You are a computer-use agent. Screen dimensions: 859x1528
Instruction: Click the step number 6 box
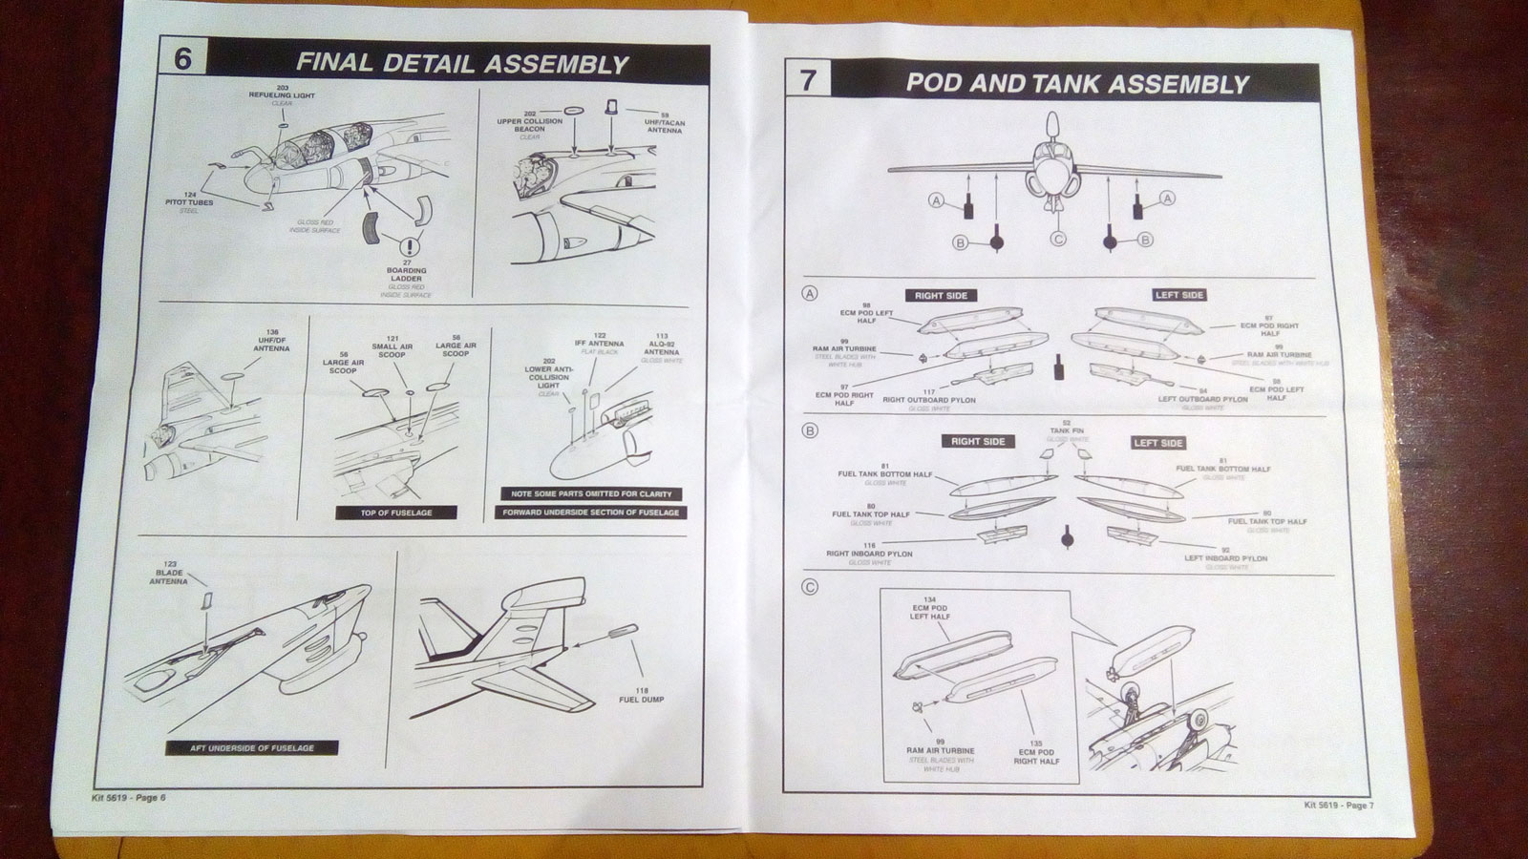point(181,58)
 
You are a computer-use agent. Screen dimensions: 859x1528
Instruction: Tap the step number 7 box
point(808,79)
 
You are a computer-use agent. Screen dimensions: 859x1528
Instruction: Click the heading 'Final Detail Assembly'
point(461,64)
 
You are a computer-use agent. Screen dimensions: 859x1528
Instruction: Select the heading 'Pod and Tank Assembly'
point(1077,83)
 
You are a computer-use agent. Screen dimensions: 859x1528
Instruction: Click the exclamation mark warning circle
point(412,246)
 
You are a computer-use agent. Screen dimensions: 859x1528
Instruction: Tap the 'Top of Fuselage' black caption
point(395,513)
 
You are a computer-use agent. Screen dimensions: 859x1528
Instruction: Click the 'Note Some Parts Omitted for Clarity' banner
point(591,493)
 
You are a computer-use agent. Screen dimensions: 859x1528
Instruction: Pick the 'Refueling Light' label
point(282,95)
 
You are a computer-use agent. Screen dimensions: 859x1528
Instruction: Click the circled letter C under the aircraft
point(1057,239)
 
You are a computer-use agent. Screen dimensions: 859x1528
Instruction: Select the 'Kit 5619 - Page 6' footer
point(118,798)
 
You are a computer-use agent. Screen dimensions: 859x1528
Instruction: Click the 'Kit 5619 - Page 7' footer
point(1338,805)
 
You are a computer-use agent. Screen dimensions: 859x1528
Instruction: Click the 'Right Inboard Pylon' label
point(868,554)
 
